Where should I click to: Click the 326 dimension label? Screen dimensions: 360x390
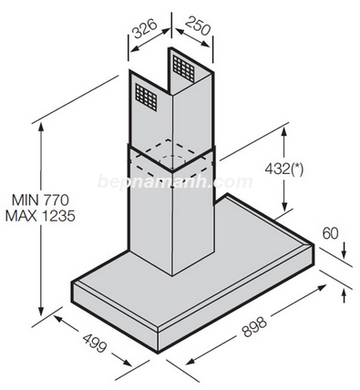(x=145, y=29)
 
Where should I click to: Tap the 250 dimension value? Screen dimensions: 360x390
(x=198, y=26)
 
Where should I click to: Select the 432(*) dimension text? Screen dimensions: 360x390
(x=283, y=169)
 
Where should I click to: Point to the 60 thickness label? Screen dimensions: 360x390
(x=330, y=233)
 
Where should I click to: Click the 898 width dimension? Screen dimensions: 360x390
(x=254, y=326)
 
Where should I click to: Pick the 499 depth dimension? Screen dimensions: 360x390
(x=95, y=343)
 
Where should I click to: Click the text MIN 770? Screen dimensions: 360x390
(x=40, y=200)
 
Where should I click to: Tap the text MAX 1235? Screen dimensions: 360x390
(x=40, y=216)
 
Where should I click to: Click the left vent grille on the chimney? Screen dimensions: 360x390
(x=146, y=97)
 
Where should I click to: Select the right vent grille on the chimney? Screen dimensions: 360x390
(x=183, y=69)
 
